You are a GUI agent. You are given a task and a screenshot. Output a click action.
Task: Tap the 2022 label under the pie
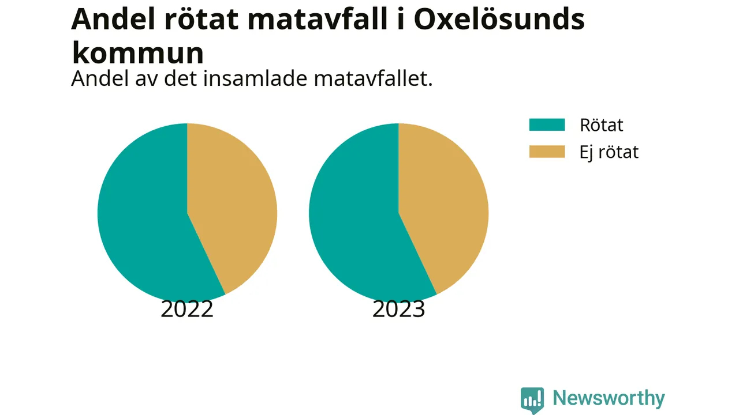point(187,309)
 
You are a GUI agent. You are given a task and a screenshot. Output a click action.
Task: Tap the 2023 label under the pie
point(398,309)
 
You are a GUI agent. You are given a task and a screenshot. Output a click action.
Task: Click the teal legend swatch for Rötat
point(547,125)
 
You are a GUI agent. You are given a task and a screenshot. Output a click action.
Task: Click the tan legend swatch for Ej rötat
point(547,152)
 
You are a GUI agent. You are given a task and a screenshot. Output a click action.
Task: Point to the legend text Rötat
point(602,125)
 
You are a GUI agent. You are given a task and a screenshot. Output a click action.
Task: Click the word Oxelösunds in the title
point(499,19)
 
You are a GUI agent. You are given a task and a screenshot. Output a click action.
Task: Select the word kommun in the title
point(138,52)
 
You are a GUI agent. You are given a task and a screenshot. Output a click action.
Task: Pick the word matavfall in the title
point(317,19)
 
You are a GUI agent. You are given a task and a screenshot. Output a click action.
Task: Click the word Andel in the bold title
point(113,19)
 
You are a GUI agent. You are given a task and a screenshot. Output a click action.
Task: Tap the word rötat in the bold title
point(201,19)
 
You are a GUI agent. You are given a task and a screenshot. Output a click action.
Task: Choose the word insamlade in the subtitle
point(255,79)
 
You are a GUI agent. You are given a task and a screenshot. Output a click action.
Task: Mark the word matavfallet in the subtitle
point(373,79)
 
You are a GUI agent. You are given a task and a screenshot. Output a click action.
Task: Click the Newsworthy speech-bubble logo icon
point(532,400)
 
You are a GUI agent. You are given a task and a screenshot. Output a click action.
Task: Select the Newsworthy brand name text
point(609,398)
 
